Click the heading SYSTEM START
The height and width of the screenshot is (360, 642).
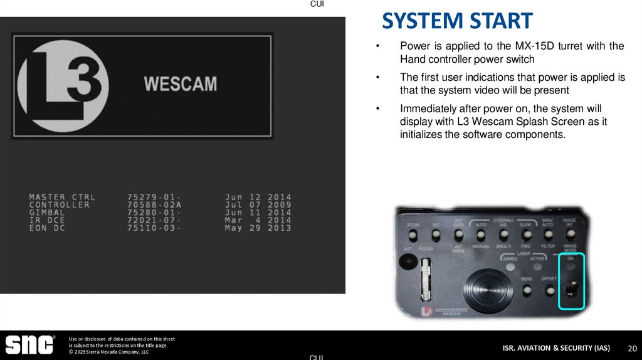(457, 21)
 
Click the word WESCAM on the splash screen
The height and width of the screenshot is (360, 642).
(181, 83)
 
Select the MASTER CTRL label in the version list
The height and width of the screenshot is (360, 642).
(62, 198)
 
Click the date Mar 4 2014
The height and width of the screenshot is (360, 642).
(258, 220)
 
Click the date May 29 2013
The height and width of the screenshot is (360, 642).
(258, 228)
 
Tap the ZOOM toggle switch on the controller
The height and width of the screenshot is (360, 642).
(413, 236)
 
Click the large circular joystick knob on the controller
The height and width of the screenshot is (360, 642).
(482, 289)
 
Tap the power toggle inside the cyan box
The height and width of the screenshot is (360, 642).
(571, 289)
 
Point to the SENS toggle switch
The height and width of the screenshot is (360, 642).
(527, 290)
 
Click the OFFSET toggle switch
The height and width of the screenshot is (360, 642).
(549, 290)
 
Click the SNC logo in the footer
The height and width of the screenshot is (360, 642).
(29, 344)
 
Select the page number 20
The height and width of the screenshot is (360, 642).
(632, 348)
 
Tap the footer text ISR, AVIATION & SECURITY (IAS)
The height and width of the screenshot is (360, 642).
(555, 348)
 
